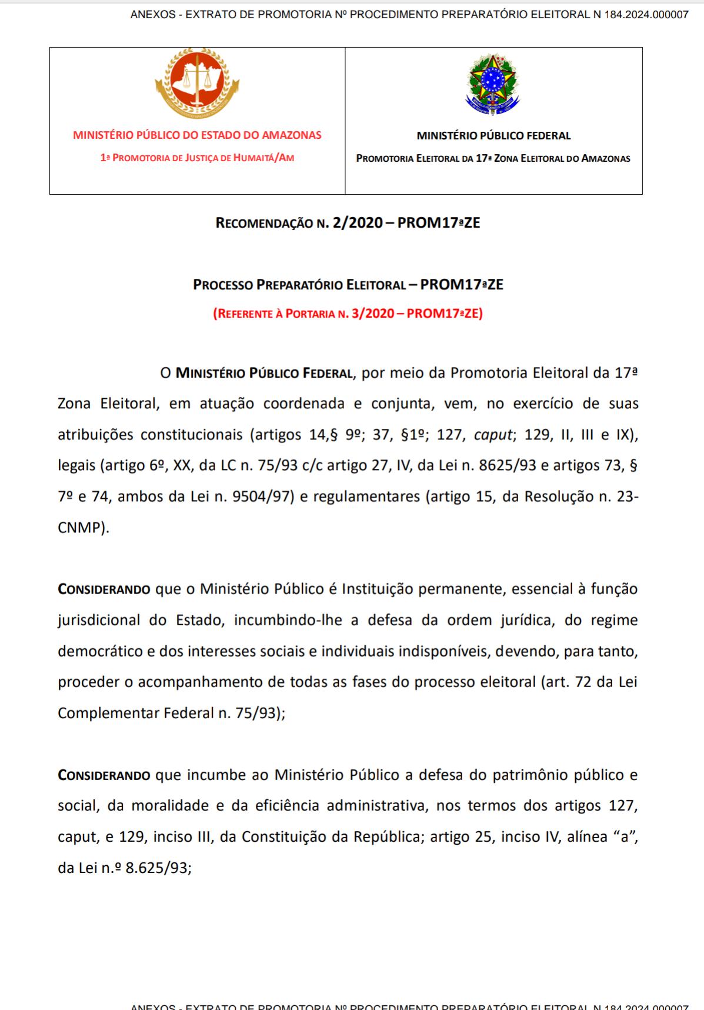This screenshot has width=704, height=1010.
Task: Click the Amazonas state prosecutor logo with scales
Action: point(197,82)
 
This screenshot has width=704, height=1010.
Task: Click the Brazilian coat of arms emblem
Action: point(493,84)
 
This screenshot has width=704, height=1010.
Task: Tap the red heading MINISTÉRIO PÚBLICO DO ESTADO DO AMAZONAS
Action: point(197,135)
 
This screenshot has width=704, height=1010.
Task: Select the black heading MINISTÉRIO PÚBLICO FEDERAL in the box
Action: point(493,136)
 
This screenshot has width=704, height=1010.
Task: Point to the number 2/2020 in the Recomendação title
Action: point(356,223)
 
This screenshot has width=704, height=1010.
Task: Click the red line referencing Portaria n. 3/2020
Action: point(348,313)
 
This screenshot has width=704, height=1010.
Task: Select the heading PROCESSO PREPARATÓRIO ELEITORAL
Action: point(299,285)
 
